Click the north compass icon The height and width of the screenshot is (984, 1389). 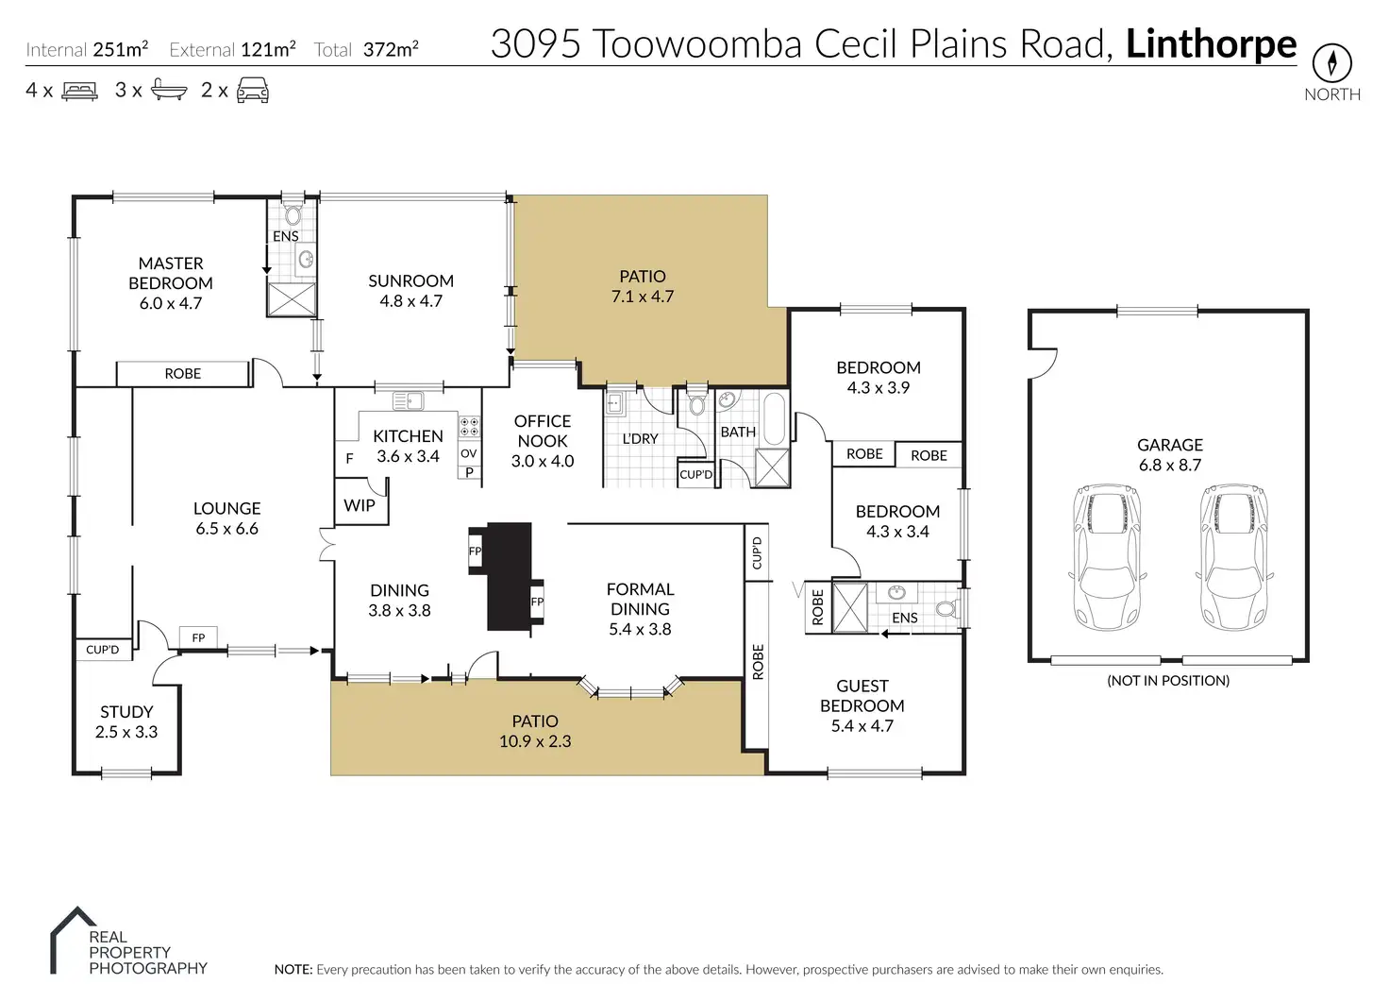[x=1331, y=63]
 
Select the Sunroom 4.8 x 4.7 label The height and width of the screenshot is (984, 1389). [x=410, y=291]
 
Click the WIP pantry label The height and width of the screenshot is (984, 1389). [x=359, y=505]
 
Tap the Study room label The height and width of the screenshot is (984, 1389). [x=126, y=721]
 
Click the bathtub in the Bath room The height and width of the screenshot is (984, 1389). [x=773, y=418]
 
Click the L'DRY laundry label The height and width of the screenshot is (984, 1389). [x=640, y=438]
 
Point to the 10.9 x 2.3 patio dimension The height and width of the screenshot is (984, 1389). [x=535, y=741]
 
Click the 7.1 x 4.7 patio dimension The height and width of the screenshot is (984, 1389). [x=641, y=297]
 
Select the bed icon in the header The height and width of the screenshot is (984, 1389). [x=79, y=92]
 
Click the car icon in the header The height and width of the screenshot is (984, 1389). [x=252, y=92]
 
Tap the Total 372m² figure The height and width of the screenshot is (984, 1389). [x=367, y=50]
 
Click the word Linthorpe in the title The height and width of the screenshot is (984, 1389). [x=1211, y=44]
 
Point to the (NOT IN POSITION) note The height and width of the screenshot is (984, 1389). [x=1168, y=680]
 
